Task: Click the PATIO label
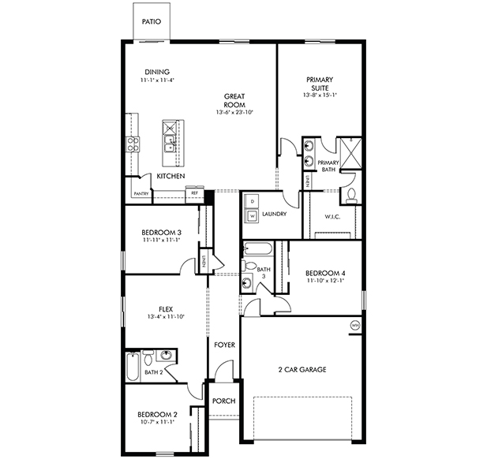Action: [152, 22]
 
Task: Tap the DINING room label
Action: [157, 73]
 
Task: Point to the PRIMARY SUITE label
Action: [320, 84]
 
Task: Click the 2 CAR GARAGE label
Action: [302, 369]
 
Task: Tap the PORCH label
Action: [223, 401]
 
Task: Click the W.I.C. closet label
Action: [332, 218]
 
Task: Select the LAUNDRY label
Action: [274, 214]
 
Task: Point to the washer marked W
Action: [252, 216]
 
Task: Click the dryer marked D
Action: [252, 202]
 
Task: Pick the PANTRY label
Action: [141, 193]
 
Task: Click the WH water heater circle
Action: [354, 324]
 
